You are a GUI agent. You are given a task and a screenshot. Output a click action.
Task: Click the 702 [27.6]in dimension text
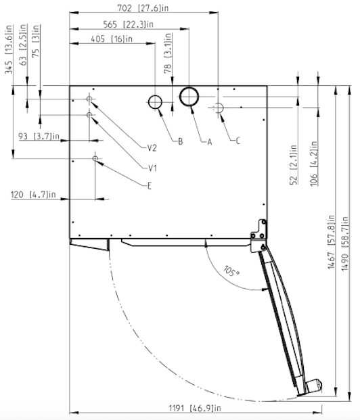tap(143, 8)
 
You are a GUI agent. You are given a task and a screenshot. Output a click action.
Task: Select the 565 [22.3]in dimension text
tap(128, 24)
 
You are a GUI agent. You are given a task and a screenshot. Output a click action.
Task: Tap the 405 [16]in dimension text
tap(112, 39)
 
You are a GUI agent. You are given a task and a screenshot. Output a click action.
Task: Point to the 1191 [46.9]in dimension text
tap(195, 409)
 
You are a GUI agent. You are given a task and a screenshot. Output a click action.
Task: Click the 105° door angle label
tap(231, 271)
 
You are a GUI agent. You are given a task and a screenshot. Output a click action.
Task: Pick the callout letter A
tap(210, 142)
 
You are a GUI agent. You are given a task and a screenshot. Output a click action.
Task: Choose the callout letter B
tap(181, 141)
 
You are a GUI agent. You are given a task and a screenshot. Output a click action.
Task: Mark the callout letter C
tap(238, 141)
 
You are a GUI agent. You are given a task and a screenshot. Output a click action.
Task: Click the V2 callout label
tap(152, 148)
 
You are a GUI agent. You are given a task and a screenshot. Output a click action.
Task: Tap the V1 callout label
tap(152, 168)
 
